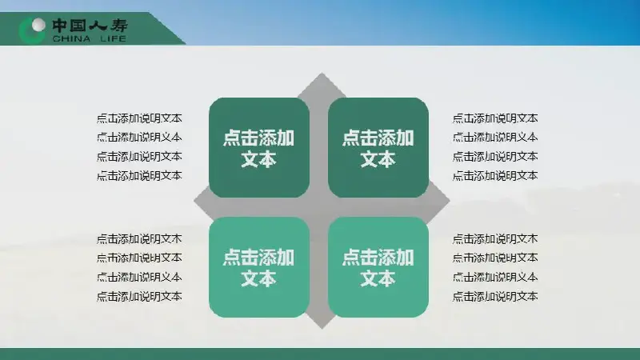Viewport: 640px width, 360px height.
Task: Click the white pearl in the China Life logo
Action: [x=38, y=25]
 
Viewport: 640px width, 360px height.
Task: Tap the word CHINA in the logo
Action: [x=71, y=38]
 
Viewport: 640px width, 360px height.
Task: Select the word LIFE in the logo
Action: [x=113, y=38]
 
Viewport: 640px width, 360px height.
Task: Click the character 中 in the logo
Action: [x=59, y=26]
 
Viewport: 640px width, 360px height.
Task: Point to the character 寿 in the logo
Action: [x=118, y=26]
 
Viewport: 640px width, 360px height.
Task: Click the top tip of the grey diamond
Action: [x=322, y=74]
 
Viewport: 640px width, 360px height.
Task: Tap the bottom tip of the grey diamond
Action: [x=322, y=328]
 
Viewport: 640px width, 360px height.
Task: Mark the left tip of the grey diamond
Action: [x=194, y=201]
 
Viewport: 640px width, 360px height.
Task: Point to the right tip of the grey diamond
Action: [x=450, y=201]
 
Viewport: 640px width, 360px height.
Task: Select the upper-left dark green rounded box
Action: [x=259, y=147]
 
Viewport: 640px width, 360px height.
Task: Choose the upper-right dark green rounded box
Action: [x=378, y=147]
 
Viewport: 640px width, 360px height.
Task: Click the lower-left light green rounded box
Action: [x=259, y=267]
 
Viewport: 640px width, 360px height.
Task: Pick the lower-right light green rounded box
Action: [x=378, y=267]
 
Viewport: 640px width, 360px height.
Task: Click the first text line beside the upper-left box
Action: [x=139, y=118]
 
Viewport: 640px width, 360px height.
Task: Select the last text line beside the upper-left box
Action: [x=139, y=176]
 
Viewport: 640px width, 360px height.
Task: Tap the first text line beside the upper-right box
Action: [x=495, y=118]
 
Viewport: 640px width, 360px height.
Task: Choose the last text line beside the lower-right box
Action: [x=495, y=296]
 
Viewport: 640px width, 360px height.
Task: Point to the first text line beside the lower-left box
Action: [x=139, y=238]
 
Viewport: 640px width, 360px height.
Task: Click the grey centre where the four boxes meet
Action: [x=318, y=207]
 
